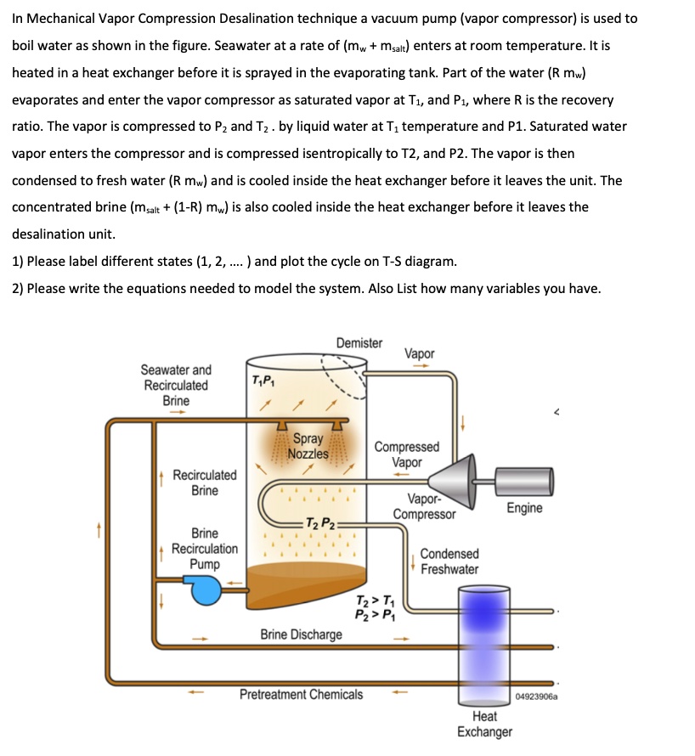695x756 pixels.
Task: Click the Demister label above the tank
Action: (x=359, y=343)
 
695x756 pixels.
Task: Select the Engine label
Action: (x=524, y=508)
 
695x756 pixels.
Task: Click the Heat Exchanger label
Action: (x=484, y=724)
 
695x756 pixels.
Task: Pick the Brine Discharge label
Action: (x=302, y=635)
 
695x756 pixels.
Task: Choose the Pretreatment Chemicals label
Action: (x=301, y=694)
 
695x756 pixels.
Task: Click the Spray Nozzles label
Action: (x=307, y=446)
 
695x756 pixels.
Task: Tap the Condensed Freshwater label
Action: (x=449, y=561)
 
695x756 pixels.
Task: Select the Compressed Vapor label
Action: (x=407, y=454)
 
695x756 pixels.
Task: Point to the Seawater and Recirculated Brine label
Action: (x=176, y=385)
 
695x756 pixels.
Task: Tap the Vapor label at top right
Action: (x=420, y=353)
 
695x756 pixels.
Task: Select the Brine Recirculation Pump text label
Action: (x=204, y=549)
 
